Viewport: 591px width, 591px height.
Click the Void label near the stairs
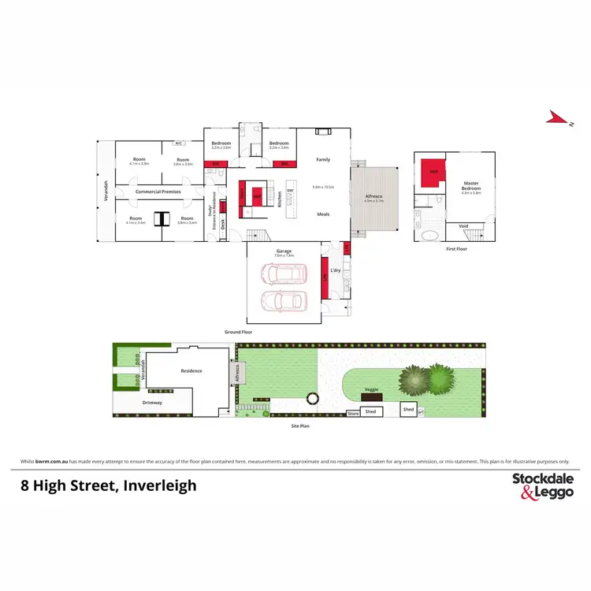click(x=463, y=226)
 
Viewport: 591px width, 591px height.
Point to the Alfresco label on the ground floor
click(x=374, y=197)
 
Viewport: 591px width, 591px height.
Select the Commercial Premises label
click(x=158, y=191)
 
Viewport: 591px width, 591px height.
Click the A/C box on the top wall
click(x=179, y=143)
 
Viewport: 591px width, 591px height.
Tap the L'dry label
click(x=335, y=270)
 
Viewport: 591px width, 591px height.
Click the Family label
click(x=323, y=159)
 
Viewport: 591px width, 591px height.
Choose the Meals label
click(x=323, y=214)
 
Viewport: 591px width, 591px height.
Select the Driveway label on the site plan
click(x=152, y=403)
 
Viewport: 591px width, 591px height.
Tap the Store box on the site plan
click(x=353, y=413)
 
